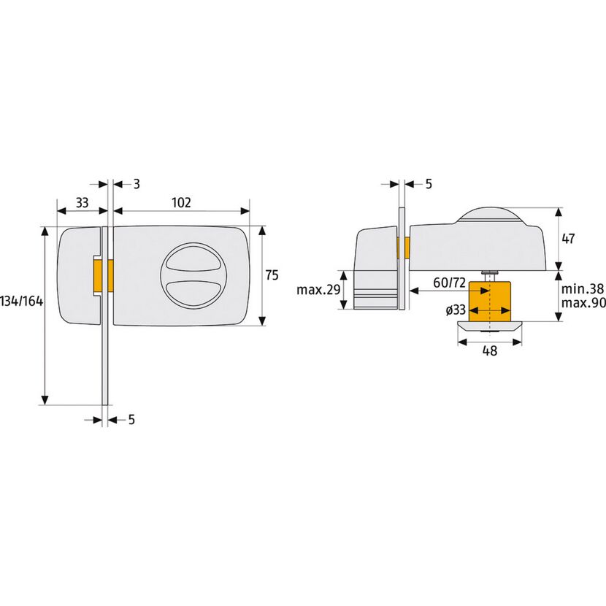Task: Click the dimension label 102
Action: pyautogui.click(x=181, y=202)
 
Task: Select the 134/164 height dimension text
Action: pyautogui.click(x=22, y=301)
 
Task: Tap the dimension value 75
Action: pyautogui.click(x=272, y=275)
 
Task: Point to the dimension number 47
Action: pyautogui.click(x=568, y=239)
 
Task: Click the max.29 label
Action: pyautogui.click(x=318, y=289)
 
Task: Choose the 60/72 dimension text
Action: pyautogui.click(x=450, y=283)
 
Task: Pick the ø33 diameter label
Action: pyautogui.click(x=456, y=310)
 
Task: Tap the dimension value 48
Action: pyautogui.click(x=490, y=351)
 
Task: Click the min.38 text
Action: pyautogui.click(x=583, y=288)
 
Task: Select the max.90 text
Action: pyautogui.click(x=583, y=303)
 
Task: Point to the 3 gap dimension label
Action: pyautogui.click(x=137, y=184)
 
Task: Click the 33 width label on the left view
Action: pyautogui.click(x=82, y=202)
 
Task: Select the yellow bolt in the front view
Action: pyautogui.click(x=103, y=276)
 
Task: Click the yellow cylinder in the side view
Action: pyautogui.click(x=490, y=302)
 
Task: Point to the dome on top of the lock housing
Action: pyautogui.click(x=491, y=215)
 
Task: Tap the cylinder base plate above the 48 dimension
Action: pyautogui.click(x=490, y=326)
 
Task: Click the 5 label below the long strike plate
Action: pyautogui.click(x=132, y=419)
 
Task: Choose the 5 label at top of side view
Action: pyautogui.click(x=429, y=184)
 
